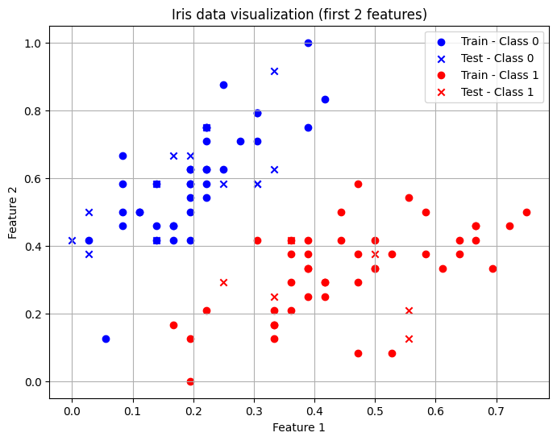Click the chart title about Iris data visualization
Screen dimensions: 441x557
coord(299,15)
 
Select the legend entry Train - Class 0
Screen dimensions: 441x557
coord(499,41)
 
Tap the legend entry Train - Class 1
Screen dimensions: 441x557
coord(499,75)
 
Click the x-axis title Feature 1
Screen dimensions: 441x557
coord(299,427)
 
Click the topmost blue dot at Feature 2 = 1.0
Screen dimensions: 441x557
coord(308,43)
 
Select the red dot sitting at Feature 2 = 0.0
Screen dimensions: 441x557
coord(190,381)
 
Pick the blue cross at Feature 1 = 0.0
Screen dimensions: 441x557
coord(72,240)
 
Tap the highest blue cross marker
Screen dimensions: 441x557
coord(274,71)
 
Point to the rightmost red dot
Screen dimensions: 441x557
coord(526,212)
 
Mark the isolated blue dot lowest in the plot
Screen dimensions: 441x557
coord(106,339)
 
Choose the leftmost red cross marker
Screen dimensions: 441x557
coord(223,282)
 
